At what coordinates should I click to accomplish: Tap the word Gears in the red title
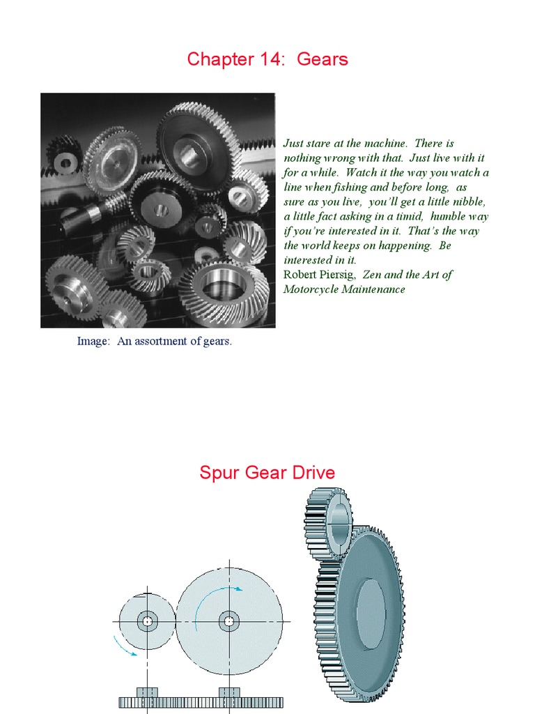point(323,59)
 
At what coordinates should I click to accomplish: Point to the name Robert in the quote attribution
point(300,275)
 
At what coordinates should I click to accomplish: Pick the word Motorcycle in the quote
point(311,289)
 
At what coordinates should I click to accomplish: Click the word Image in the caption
point(92,342)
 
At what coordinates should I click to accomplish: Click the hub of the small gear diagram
point(147,621)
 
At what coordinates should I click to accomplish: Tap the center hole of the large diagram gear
point(228,621)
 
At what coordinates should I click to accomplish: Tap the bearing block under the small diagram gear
point(147,692)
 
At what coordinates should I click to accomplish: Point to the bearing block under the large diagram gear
point(229,692)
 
